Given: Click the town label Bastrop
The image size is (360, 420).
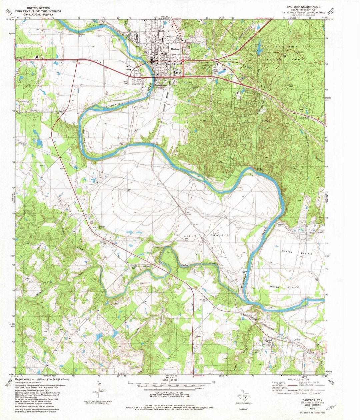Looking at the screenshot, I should click(x=175, y=49).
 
